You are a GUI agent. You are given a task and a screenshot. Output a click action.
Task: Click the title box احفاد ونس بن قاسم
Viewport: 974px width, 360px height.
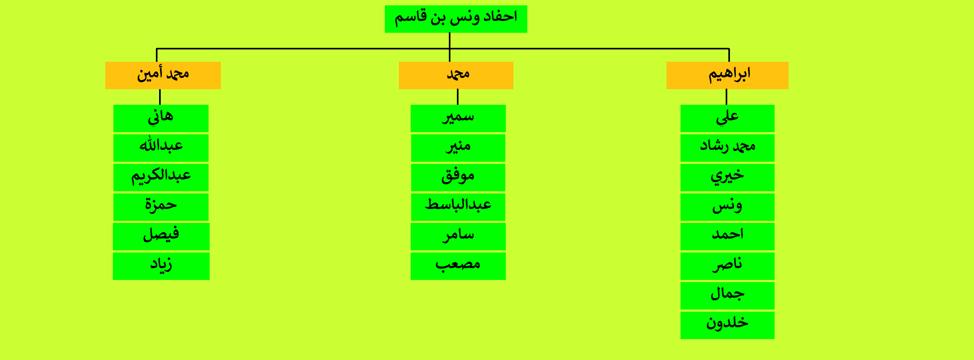coord(456,19)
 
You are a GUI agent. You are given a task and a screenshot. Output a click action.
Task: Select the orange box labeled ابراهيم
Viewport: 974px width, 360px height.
coord(727,75)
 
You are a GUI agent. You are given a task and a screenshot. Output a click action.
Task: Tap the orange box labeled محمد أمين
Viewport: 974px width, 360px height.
coord(163,75)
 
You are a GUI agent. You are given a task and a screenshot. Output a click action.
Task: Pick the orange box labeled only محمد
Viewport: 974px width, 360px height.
coord(456,75)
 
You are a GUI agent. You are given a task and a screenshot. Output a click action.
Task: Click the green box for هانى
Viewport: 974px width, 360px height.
coord(161,118)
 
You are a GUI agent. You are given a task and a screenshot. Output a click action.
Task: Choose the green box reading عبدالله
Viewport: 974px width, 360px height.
coord(161,148)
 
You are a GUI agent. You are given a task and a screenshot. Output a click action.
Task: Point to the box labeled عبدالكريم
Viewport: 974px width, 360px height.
coord(161,177)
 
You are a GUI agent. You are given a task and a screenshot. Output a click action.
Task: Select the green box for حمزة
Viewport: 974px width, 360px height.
coord(161,207)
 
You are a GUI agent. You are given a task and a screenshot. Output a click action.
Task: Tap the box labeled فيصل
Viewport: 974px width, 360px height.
coord(161,236)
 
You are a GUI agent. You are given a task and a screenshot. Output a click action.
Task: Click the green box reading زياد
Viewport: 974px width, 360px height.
coord(161,266)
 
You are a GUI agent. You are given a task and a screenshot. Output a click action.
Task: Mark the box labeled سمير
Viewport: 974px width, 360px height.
coord(458,118)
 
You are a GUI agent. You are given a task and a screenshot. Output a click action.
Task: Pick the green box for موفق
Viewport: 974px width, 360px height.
coord(458,177)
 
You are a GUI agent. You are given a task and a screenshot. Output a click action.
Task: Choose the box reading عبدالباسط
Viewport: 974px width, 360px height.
coord(458,207)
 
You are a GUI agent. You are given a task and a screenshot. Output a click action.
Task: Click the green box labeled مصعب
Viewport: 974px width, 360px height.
coord(458,266)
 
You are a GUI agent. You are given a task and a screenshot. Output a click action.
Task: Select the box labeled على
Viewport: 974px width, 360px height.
coord(727,118)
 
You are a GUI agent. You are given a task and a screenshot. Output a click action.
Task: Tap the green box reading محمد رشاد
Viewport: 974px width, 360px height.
coord(727,148)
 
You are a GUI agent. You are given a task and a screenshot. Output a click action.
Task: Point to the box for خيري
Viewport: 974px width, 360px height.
coord(727,177)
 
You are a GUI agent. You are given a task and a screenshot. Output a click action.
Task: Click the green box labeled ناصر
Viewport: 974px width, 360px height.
coord(727,266)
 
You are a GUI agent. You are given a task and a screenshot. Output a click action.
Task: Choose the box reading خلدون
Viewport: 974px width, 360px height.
coord(727,325)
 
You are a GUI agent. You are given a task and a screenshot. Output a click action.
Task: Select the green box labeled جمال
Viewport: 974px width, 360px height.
coord(727,296)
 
